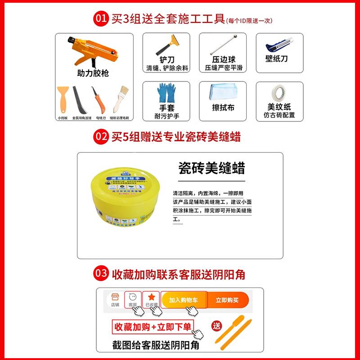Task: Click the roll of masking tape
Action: (279, 94)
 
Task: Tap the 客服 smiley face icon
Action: (132, 297)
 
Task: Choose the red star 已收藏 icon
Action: (152, 297)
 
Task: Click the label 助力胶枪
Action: (93, 73)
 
